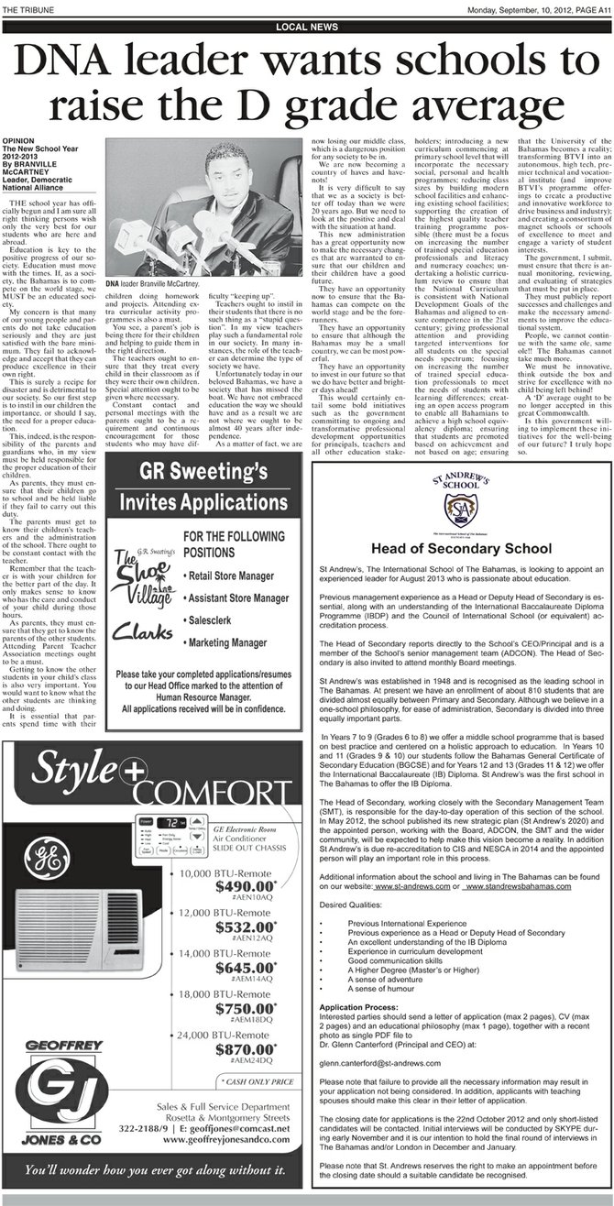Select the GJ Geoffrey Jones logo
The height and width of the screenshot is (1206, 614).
[57, 1100]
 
